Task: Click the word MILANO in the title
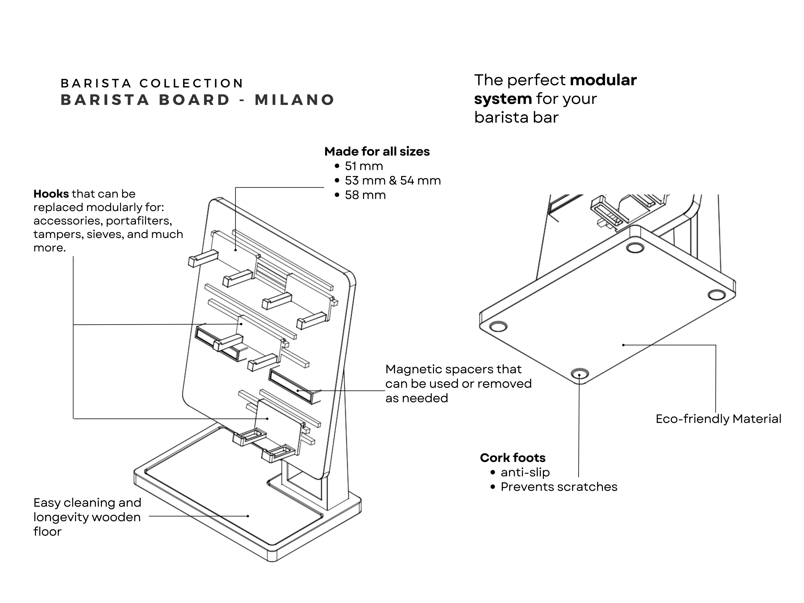coord(294,100)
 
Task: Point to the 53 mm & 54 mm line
coord(393,181)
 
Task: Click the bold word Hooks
coord(51,194)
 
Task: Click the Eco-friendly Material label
coord(718,419)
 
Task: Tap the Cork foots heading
coord(513,458)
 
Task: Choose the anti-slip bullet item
coord(525,472)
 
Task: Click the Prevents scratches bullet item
coord(559,487)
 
